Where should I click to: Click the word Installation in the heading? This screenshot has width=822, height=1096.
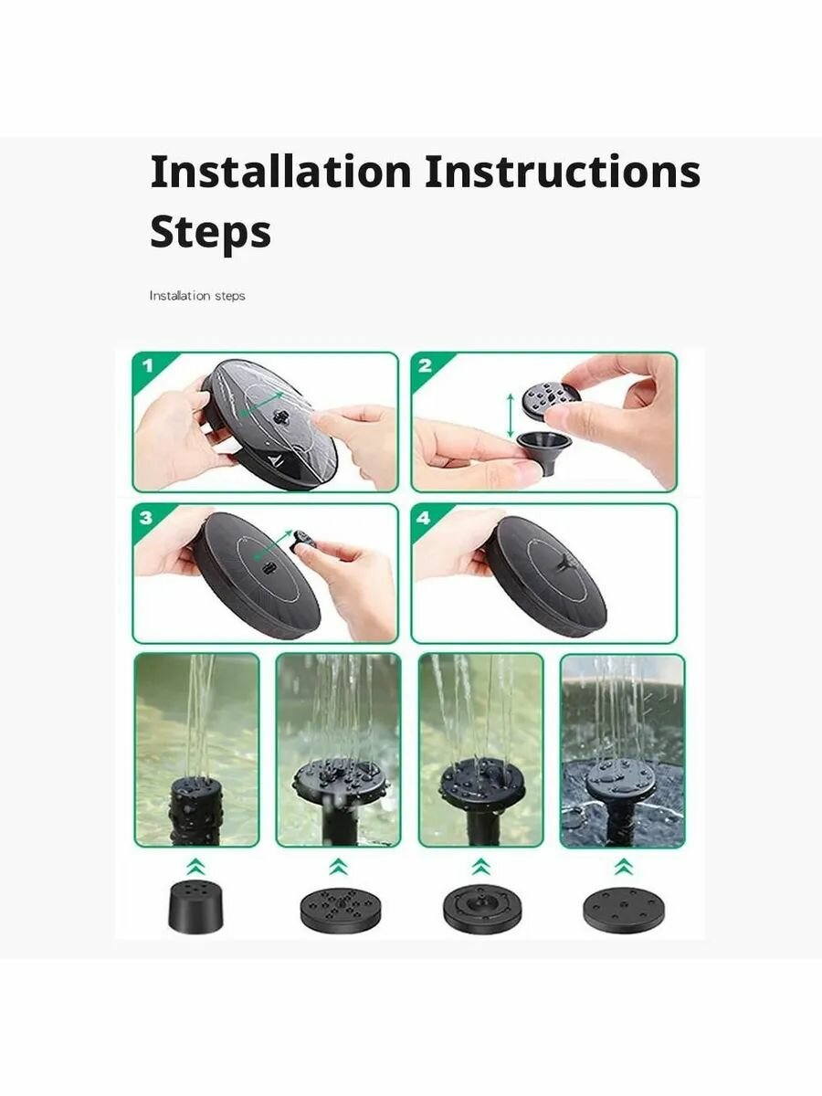(x=280, y=172)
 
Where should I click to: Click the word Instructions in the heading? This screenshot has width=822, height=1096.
(x=563, y=172)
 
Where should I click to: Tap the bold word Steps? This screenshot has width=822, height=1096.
(x=211, y=232)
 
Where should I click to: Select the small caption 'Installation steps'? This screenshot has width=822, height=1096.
(x=197, y=296)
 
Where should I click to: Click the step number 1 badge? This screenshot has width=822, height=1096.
(x=147, y=366)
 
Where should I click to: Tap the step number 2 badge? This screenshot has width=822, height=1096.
(x=425, y=366)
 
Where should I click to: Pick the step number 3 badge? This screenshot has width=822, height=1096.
(x=146, y=517)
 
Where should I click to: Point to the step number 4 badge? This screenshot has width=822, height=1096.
(x=423, y=518)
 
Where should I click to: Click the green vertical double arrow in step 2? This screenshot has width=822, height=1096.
(x=510, y=416)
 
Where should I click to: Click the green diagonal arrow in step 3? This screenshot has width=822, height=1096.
(x=273, y=546)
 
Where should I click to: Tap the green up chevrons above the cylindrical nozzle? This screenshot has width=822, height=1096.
(x=196, y=868)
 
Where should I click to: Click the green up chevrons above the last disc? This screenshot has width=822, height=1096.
(x=624, y=868)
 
